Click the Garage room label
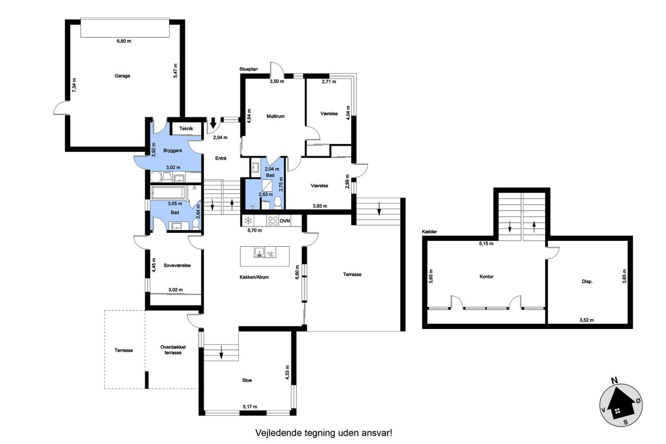(122, 76)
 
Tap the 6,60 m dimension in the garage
(124, 41)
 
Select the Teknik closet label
(186, 129)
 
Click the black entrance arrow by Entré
(213, 122)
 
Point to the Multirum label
(275, 116)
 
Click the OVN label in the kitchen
(285, 221)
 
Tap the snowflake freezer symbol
(248, 221)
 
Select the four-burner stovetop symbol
(273, 221)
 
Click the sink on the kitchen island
(260, 252)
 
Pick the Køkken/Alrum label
(254, 277)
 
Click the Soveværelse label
(177, 265)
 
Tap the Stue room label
(247, 380)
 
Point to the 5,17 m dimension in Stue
(250, 407)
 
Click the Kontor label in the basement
(486, 276)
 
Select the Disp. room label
(587, 281)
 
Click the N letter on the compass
(614, 380)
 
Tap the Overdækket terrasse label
(173, 350)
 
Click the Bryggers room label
(172, 150)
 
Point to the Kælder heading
(429, 232)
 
